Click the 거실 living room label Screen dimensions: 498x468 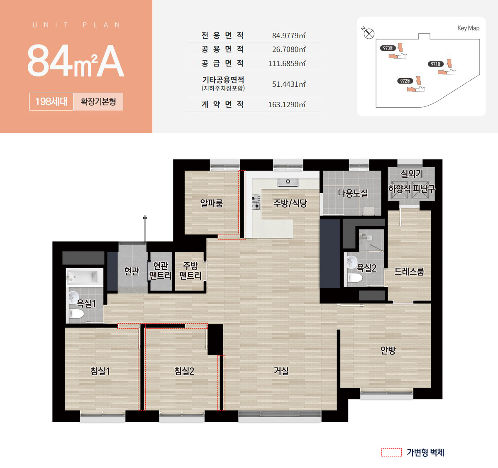[281, 371]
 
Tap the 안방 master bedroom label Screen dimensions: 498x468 [388, 350]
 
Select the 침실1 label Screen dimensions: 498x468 [100, 371]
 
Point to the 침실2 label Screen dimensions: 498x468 [184, 371]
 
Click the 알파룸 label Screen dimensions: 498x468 [211, 203]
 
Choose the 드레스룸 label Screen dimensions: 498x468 [409, 271]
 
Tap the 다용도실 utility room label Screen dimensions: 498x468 [353, 193]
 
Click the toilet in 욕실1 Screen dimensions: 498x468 [76, 313]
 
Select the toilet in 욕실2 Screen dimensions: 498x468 [355, 278]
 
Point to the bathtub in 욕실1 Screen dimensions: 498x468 [85, 277]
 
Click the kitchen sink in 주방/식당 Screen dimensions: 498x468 [288, 182]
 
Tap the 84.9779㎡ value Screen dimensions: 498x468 [289, 35]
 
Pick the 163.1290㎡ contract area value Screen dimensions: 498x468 [287, 104]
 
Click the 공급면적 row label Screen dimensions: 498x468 [222, 63]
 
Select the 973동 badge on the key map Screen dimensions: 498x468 [388, 48]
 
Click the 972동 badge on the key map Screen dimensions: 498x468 [405, 81]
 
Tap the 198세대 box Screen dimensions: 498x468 [51, 101]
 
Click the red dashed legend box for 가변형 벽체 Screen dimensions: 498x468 [391, 452]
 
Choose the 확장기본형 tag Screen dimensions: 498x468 [98, 101]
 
